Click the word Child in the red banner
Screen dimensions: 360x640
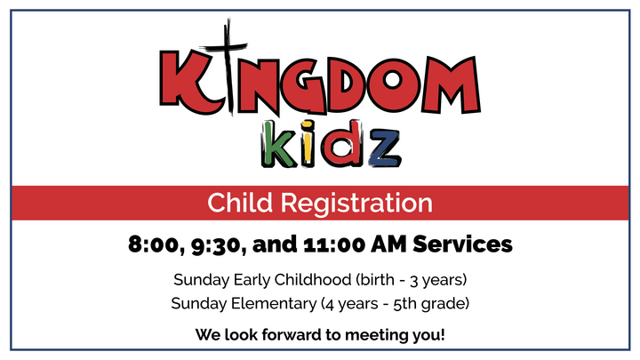(238, 203)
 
